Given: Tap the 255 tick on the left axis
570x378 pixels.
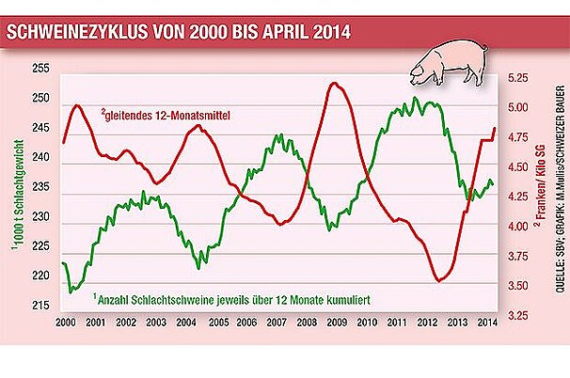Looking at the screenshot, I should [x=40, y=70].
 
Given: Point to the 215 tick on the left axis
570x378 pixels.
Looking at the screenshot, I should [x=40, y=307].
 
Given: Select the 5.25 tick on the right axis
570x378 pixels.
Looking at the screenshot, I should [x=519, y=78].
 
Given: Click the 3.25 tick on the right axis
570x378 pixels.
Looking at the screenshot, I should [x=519, y=314].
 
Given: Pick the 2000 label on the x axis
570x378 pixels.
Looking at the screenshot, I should [x=66, y=323].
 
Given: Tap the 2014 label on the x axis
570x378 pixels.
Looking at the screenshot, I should [x=487, y=323].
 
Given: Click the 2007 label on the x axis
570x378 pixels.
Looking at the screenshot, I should [x=277, y=323].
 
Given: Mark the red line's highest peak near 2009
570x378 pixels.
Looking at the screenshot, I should [x=335, y=84].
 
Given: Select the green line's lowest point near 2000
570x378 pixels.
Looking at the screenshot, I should [x=71, y=292].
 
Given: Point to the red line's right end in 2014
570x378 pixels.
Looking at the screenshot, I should [x=495, y=128].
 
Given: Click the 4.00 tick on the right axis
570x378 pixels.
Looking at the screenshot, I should [x=519, y=226].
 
